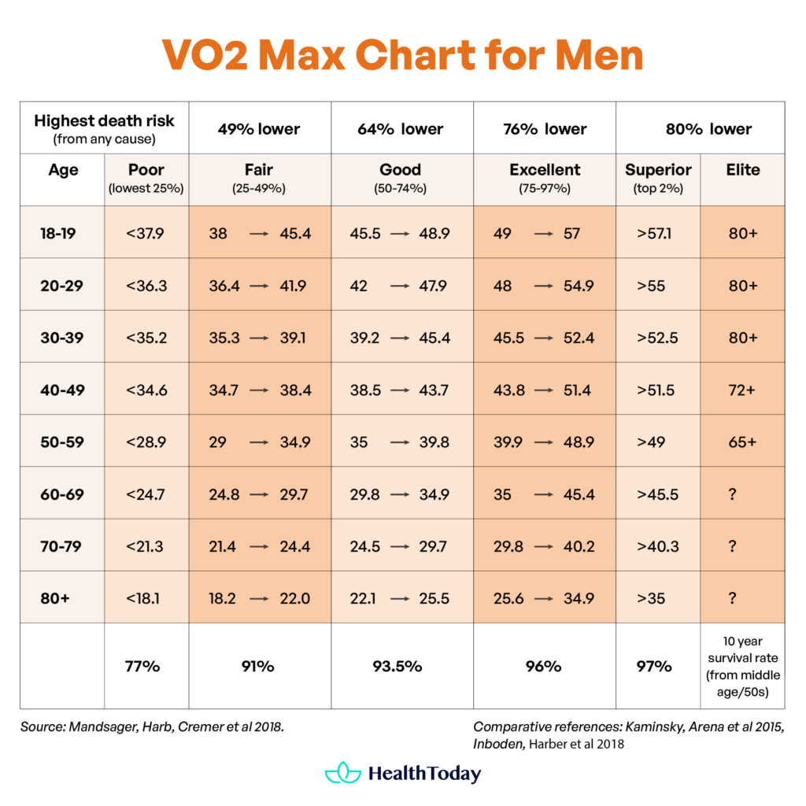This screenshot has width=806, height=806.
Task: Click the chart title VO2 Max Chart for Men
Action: (x=402, y=55)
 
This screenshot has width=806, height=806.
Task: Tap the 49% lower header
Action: (x=259, y=129)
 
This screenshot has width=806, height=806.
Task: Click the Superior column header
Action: (x=658, y=170)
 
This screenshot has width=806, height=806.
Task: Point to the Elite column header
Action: (x=743, y=170)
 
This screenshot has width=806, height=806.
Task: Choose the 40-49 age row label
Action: (x=62, y=390)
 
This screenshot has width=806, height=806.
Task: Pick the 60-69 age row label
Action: (x=62, y=494)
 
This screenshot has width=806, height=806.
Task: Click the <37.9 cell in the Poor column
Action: (x=146, y=234)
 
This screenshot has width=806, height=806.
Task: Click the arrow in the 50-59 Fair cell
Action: (x=260, y=442)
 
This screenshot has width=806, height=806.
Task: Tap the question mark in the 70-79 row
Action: (x=732, y=546)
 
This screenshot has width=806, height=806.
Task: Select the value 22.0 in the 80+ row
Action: (x=294, y=598)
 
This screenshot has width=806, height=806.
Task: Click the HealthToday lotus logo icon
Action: (x=342, y=772)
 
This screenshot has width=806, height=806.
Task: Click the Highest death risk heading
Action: (x=104, y=121)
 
